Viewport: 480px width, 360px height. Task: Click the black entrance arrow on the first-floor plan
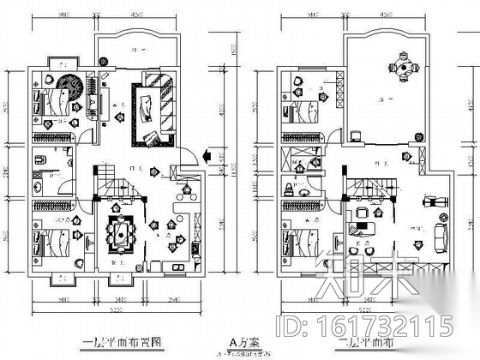coord(208,156)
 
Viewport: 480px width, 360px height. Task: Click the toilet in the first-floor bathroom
coord(41,160)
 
